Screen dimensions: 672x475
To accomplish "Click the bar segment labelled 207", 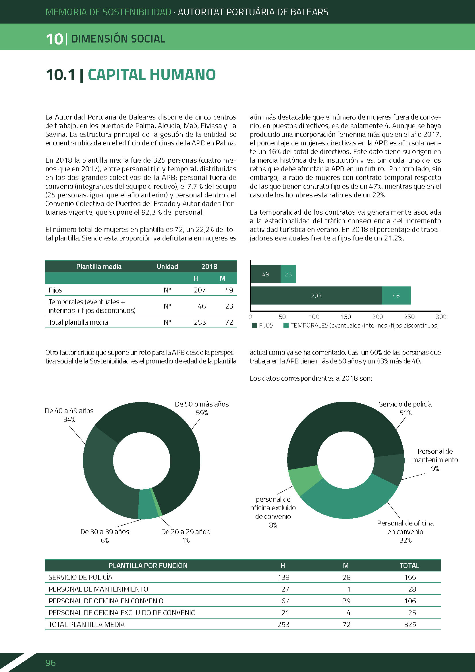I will (316, 296).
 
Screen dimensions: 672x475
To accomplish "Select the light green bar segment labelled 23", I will (288, 274).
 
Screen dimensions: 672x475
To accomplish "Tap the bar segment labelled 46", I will (396, 296).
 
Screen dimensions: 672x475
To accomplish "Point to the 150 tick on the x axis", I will (346, 317).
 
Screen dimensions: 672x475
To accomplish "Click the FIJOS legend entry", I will (263, 326).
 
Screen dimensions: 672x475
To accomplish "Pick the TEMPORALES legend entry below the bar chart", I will (361, 326).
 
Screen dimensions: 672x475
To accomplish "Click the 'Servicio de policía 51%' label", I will (405, 408).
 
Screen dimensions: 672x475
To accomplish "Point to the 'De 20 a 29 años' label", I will (186, 536).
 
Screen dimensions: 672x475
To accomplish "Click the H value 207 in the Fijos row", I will (200, 290).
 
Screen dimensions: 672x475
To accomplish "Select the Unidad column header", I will (167, 266).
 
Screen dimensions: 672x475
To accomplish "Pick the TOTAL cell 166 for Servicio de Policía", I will (410, 577).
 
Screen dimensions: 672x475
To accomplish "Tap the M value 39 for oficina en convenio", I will (347, 601).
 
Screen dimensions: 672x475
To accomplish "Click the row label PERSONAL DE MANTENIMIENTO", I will (98, 589).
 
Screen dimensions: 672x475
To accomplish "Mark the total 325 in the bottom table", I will (410, 624).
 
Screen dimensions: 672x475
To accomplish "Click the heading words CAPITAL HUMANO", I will (152, 75).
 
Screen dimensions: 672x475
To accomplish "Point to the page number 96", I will (50, 663).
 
